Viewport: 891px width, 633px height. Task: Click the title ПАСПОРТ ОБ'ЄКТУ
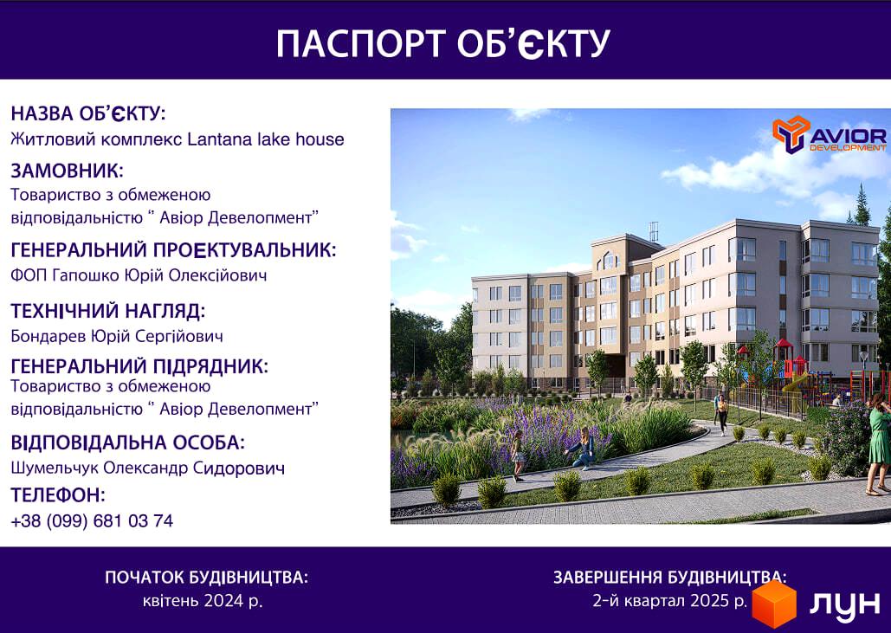click(x=442, y=43)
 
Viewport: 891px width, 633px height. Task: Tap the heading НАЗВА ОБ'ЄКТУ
click(x=88, y=113)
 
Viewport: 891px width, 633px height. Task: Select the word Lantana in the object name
click(x=216, y=139)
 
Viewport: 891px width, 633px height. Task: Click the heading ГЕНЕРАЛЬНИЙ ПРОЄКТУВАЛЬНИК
click(x=173, y=250)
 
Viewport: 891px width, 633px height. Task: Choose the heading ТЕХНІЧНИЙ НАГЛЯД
click(x=108, y=311)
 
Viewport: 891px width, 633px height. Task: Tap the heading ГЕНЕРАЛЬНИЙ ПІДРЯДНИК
click(x=139, y=366)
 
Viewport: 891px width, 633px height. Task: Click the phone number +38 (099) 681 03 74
click(x=92, y=521)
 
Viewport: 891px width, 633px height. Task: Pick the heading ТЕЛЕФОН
click(x=58, y=495)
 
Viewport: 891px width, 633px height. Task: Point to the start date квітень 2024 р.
click(x=203, y=601)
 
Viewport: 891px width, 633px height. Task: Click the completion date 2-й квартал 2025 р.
click(x=670, y=600)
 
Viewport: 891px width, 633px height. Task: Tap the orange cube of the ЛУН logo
click(x=774, y=604)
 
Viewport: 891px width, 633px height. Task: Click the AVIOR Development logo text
click(x=848, y=139)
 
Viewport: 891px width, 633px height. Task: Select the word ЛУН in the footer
click(x=844, y=604)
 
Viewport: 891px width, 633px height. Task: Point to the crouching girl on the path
click(x=581, y=449)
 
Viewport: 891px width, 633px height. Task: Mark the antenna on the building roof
click(x=654, y=232)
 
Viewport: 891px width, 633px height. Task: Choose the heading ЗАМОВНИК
click(x=67, y=171)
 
